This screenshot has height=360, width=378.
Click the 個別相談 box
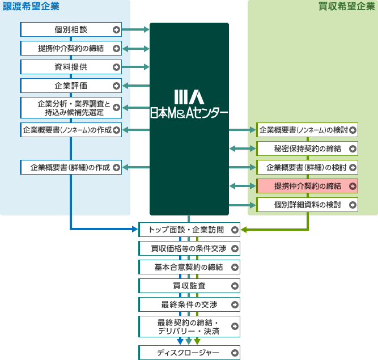tap(71, 29)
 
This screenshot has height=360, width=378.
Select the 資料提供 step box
tap(71, 67)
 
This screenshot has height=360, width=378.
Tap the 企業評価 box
tap(71, 86)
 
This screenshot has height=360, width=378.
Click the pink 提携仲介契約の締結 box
tap(307, 186)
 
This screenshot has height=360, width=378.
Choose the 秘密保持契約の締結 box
tap(307, 149)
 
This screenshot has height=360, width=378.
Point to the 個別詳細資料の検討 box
tap(307, 205)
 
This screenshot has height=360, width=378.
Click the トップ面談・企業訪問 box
tap(189, 230)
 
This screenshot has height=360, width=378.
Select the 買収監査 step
tap(189, 286)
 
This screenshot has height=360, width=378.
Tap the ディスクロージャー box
tap(189, 353)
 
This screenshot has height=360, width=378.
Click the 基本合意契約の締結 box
tap(189, 267)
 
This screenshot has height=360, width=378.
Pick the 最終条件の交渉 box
tap(189, 304)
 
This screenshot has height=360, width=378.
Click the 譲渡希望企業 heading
tap(31, 7)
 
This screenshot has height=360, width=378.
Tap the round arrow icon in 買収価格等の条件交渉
tap(235, 248)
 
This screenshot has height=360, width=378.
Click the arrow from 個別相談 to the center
tap(135, 29)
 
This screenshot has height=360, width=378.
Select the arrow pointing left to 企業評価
tap(135, 86)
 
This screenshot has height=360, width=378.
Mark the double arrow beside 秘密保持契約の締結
tap(243, 149)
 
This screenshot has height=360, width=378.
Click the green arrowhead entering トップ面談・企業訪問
tap(244, 230)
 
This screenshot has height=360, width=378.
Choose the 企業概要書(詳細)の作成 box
tap(71, 167)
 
